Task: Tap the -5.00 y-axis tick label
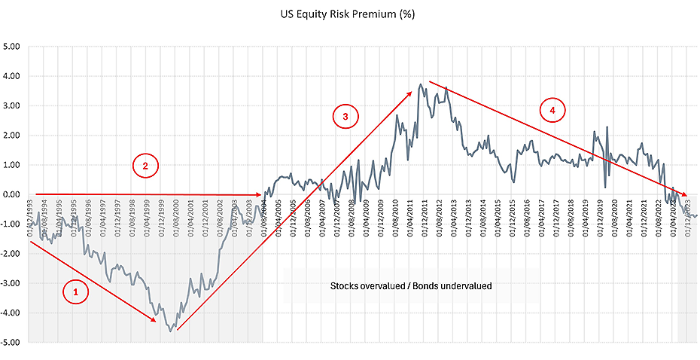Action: click(12, 343)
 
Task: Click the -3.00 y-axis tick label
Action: click(12, 283)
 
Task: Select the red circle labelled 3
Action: click(345, 116)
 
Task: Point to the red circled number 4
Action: click(552, 110)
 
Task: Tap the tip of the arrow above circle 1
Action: click(157, 322)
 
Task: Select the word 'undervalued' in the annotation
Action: click(465, 287)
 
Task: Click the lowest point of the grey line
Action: click(171, 331)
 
